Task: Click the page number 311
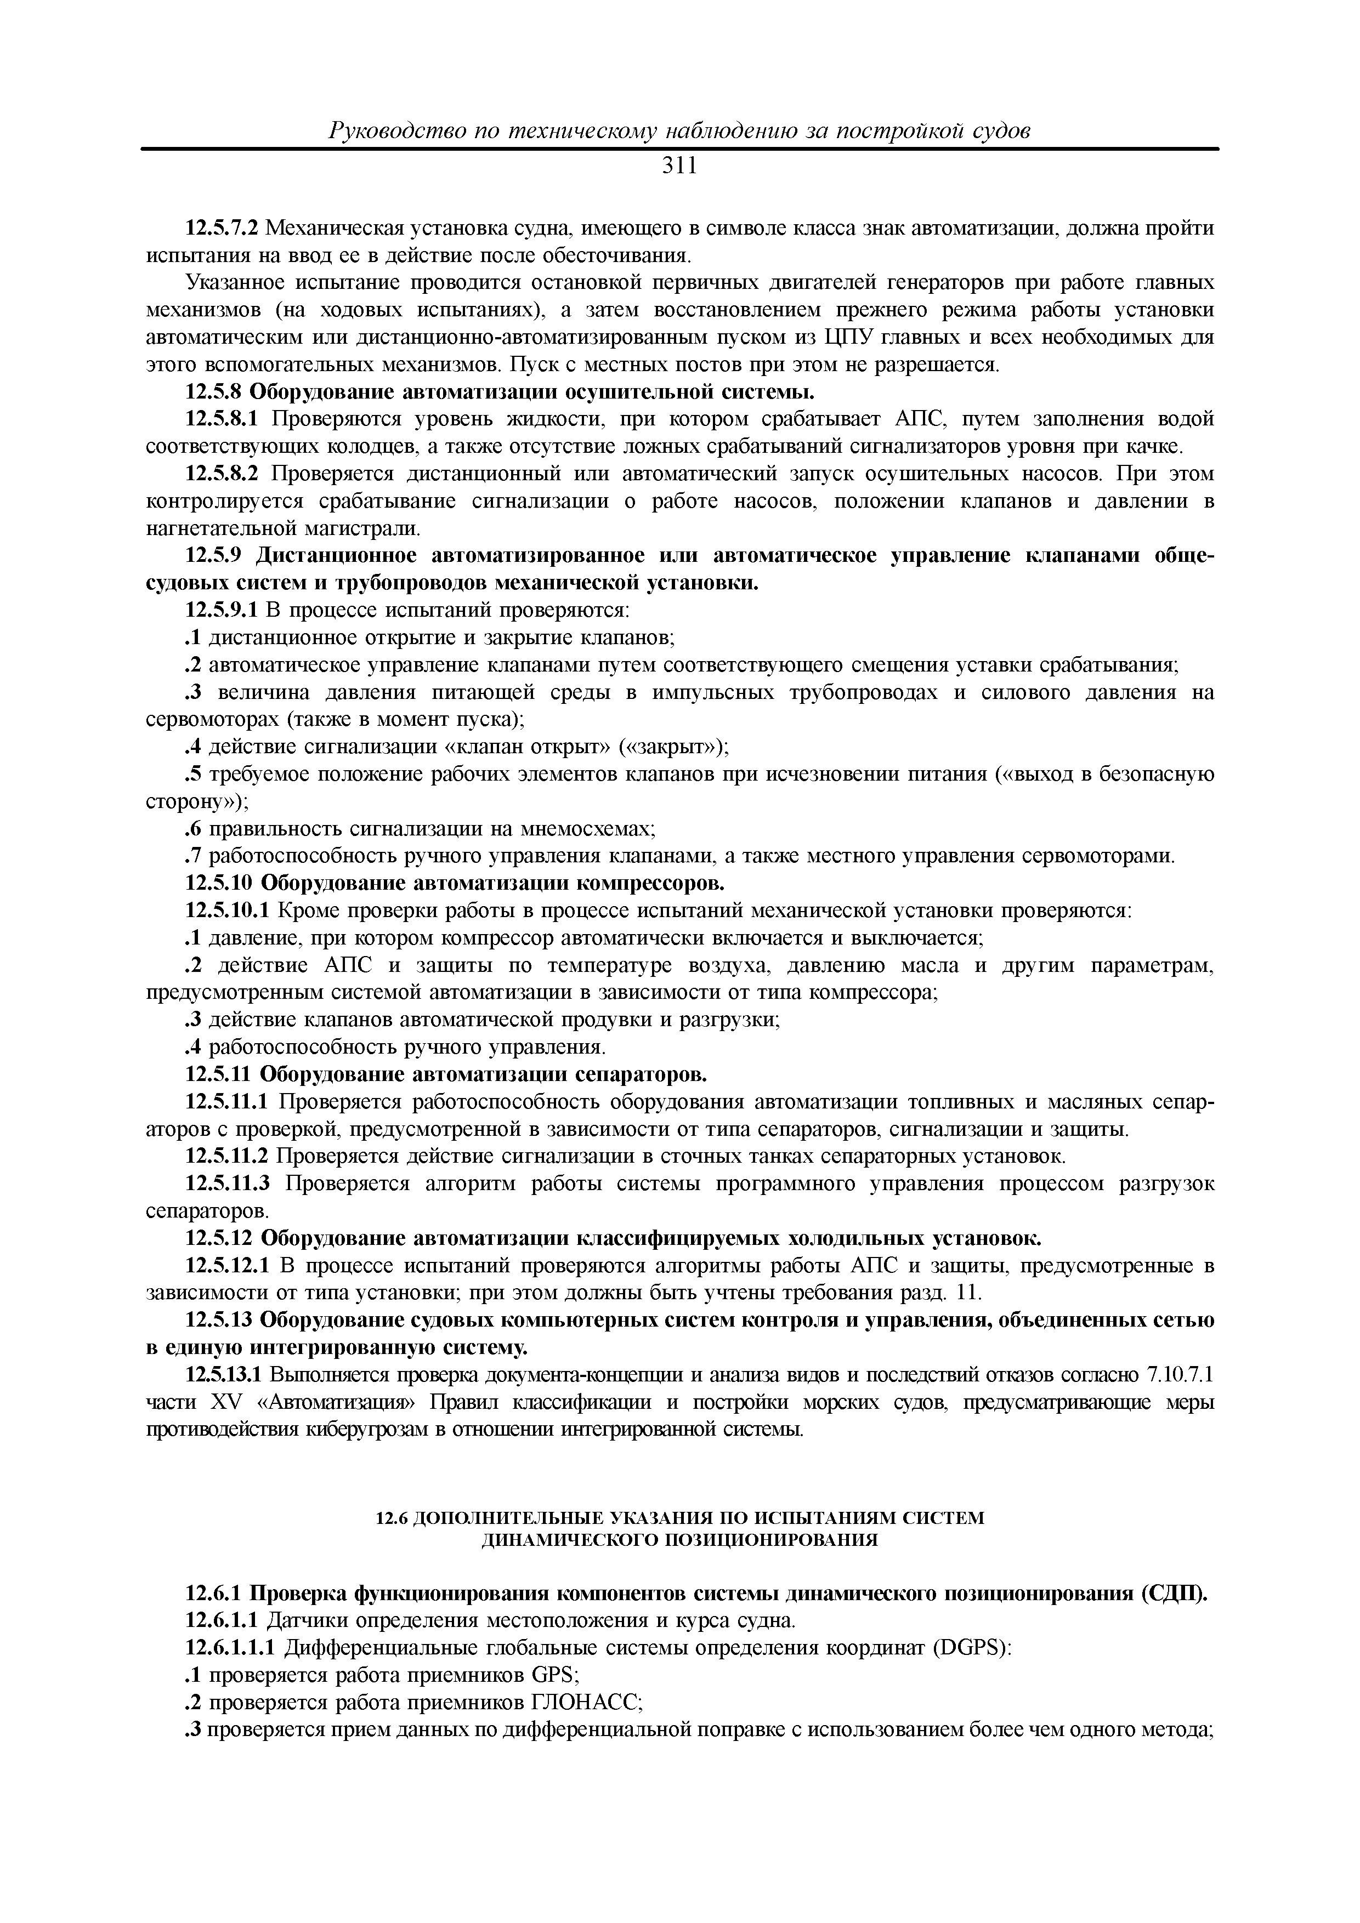(679, 167)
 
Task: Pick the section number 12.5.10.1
(226, 911)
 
